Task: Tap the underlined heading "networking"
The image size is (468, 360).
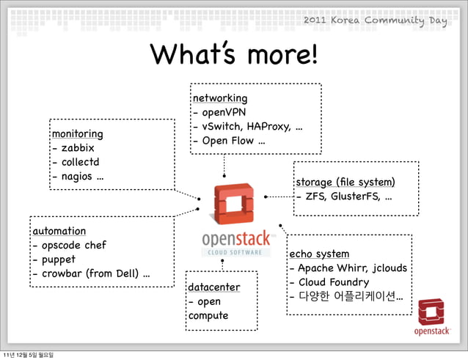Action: pos(219,98)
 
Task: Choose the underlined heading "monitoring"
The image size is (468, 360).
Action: pos(77,134)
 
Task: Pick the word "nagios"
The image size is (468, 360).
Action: pos(78,177)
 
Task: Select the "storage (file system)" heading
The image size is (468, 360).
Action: pos(345,182)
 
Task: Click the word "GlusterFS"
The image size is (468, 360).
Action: pos(354,196)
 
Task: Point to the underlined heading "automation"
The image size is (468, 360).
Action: pos(59,231)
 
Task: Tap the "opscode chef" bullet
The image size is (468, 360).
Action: pos(74,246)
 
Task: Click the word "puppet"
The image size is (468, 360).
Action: pos(59,260)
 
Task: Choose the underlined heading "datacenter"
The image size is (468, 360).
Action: pos(213,287)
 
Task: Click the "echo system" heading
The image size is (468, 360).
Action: pos(319,254)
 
